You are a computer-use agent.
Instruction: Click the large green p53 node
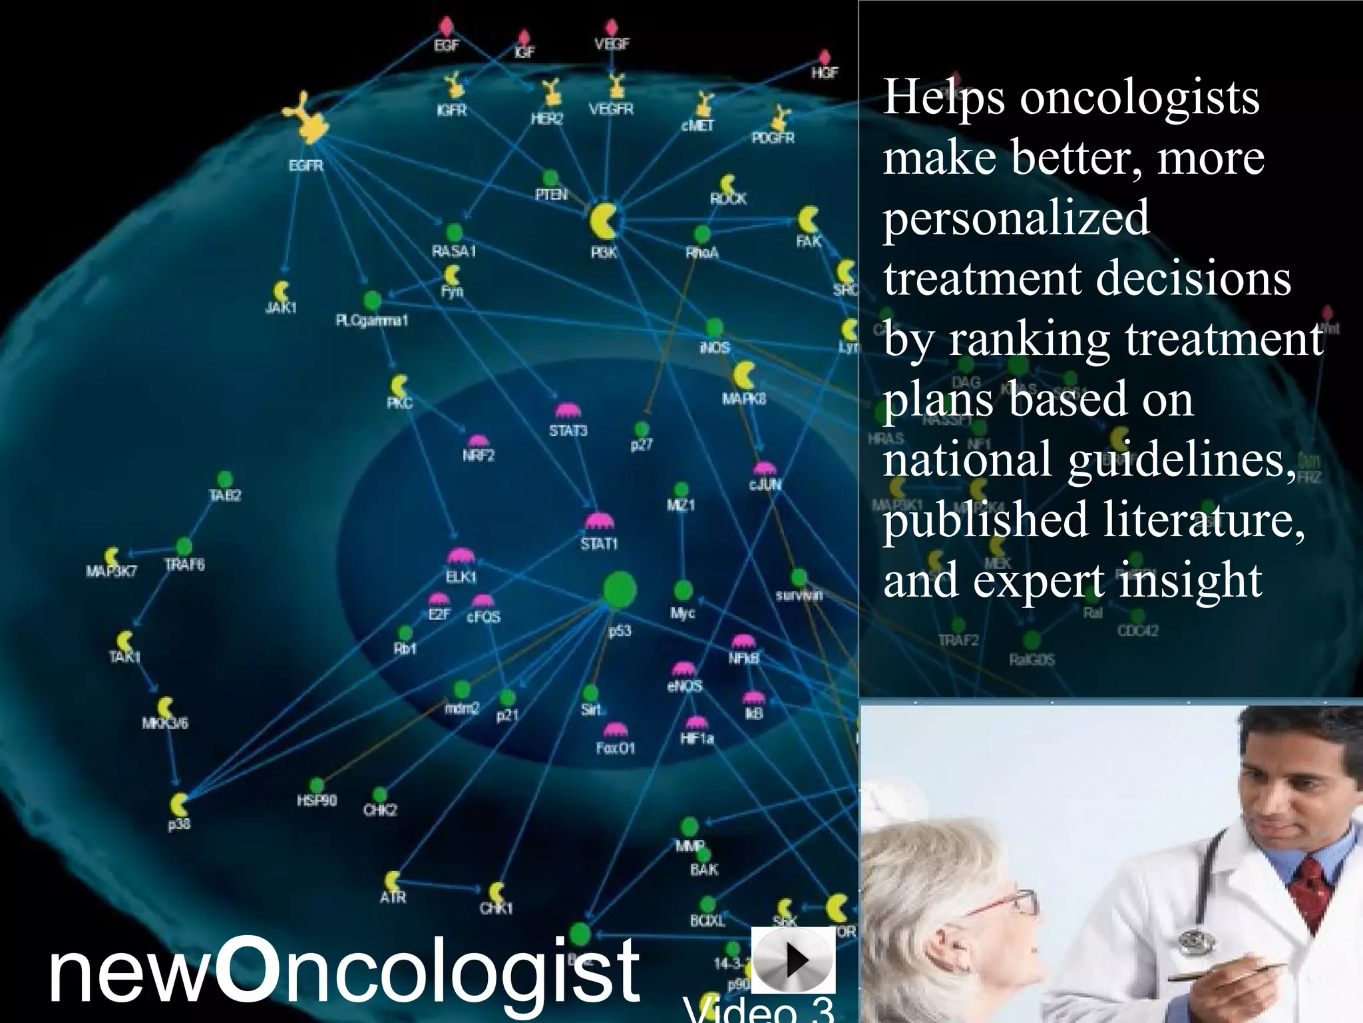(x=619, y=589)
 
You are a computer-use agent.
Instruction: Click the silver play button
(x=793, y=960)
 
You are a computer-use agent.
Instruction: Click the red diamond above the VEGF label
(x=612, y=27)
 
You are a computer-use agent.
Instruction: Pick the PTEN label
(x=552, y=194)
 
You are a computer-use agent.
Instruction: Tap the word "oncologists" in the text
(x=1139, y=98)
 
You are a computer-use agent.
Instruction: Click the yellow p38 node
(x=178, y=805)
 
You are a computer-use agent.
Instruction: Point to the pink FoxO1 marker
(x=615, y=731)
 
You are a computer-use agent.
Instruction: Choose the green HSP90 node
(x=317, y=785)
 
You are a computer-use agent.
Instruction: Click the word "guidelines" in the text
(x=1181, y=460)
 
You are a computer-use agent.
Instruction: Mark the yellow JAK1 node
(x=282, y=291)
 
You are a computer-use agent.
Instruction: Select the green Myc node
(x=683, y=591)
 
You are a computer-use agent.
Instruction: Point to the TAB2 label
(x=225, y=496)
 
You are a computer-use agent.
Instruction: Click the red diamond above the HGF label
(x=825, y=57)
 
